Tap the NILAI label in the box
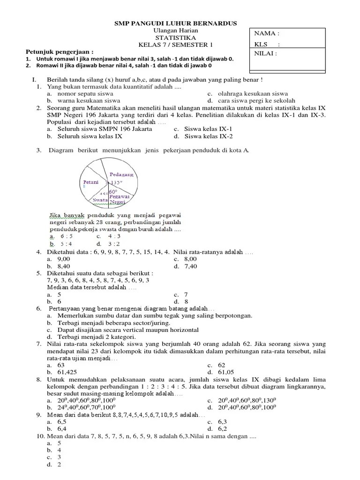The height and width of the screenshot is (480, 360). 265,53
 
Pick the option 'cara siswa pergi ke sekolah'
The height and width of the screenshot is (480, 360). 256,100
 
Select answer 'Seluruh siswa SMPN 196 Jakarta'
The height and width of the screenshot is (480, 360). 105,129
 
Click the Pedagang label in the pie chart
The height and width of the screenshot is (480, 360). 121,174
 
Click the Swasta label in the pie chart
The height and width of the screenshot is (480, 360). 100,200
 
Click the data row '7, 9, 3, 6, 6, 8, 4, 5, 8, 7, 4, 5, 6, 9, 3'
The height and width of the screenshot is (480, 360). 98,280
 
